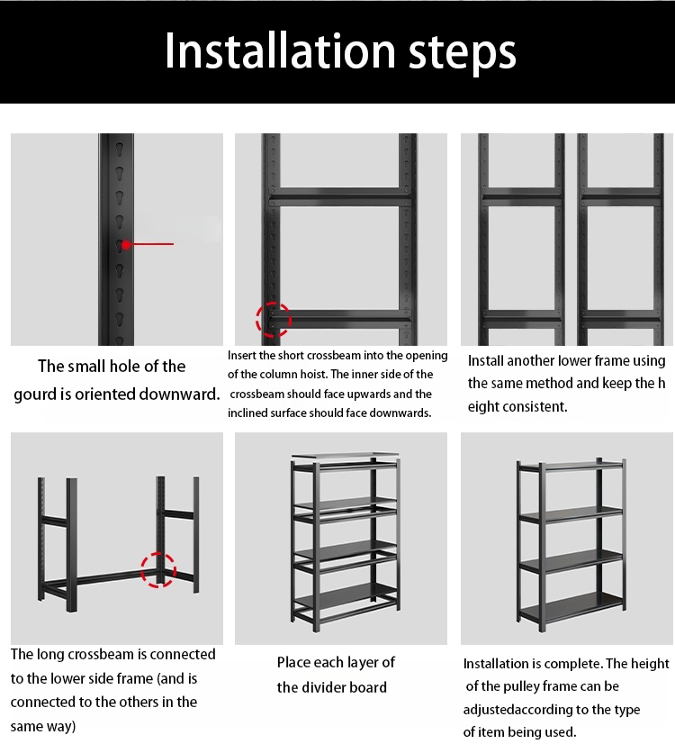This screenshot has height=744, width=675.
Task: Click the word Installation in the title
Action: point(280,51)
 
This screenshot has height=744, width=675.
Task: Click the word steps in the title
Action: point(463,53)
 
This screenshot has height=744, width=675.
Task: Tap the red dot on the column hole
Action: point(126,244)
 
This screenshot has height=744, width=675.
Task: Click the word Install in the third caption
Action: point(486,361)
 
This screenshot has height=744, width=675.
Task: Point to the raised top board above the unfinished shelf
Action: point(345,456)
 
